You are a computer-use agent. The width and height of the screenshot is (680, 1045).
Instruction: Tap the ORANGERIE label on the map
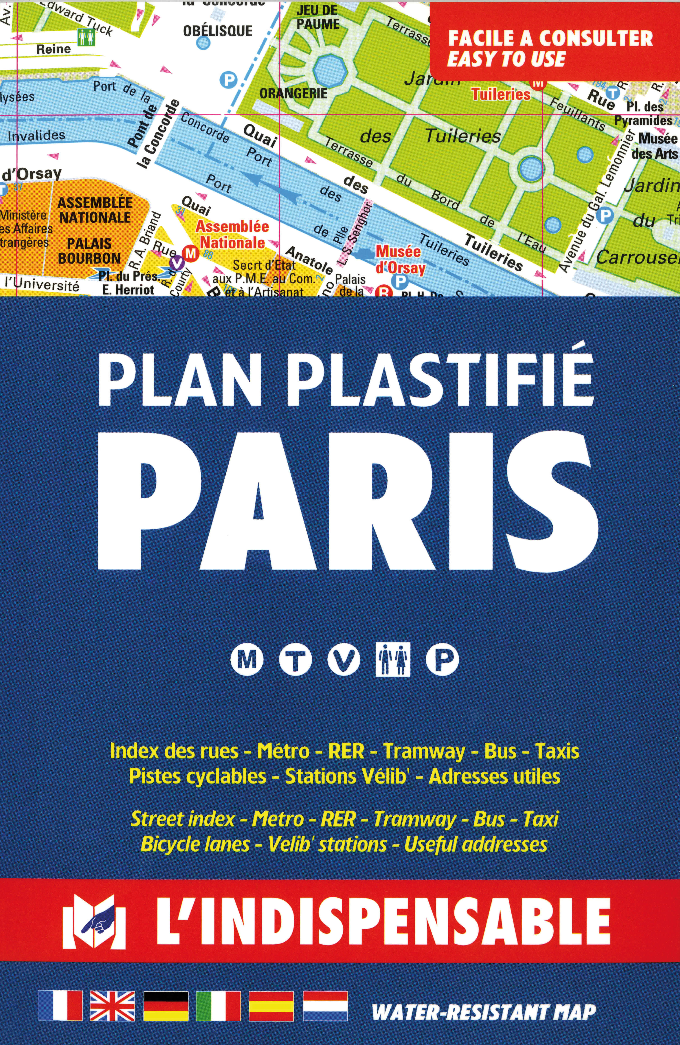tap(294, 94)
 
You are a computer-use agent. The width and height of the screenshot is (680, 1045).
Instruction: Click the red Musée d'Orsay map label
tap(398, 259)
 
